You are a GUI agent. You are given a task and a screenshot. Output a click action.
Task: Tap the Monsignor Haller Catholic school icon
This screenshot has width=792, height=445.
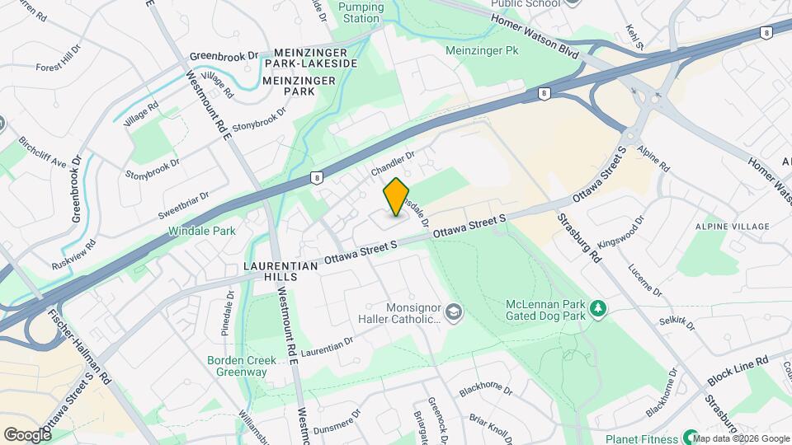coord(453,312)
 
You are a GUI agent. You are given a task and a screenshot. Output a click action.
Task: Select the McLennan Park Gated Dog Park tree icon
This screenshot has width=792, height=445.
coord(598,309)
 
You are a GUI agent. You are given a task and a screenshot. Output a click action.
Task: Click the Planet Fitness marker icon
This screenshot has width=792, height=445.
coord(691,437)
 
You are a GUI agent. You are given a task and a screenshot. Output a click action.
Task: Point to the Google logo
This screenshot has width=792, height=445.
coord(27,434)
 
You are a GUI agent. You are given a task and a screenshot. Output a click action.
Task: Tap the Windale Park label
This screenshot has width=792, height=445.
coord(202,231)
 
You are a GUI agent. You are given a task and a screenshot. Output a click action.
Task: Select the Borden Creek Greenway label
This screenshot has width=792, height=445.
coord(237,366)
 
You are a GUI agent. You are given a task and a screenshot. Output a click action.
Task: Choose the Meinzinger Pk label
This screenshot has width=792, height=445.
coord(493,50)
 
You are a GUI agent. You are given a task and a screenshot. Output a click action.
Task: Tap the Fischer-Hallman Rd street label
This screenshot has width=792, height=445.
coord(79,346)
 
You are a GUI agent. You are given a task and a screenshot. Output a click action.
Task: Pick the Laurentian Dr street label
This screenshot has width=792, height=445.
coord(327,346)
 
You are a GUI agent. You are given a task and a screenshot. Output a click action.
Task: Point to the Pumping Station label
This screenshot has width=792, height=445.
coord(361,12)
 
